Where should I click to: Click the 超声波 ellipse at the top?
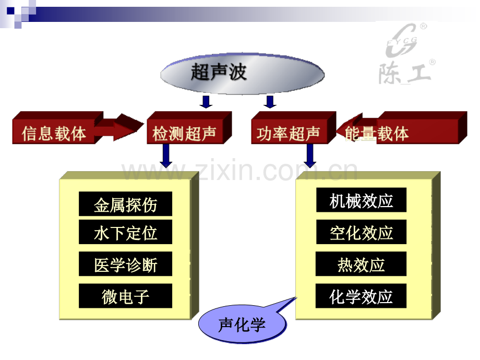coord(242,74)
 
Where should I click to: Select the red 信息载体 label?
coord(54,134)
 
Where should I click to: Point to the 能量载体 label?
coord(377,134)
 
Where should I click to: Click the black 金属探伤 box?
coord(126,204)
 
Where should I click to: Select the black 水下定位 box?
coord(126,232)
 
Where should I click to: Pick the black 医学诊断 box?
coord(126,264)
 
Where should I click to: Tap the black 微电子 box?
coord(126,296)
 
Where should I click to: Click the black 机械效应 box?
coord(361,200)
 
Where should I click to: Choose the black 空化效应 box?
coord(361,232)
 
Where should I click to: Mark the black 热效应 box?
coord(361,264)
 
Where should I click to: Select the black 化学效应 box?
coord(361,296)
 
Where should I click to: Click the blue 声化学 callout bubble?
coord(243,325)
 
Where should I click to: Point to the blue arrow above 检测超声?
coord(206,102)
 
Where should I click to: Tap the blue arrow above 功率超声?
coord(270,102)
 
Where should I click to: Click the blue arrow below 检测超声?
coord(166,156)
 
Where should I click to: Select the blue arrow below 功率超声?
coord(310,156)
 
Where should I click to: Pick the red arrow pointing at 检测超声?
coord(119,127)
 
